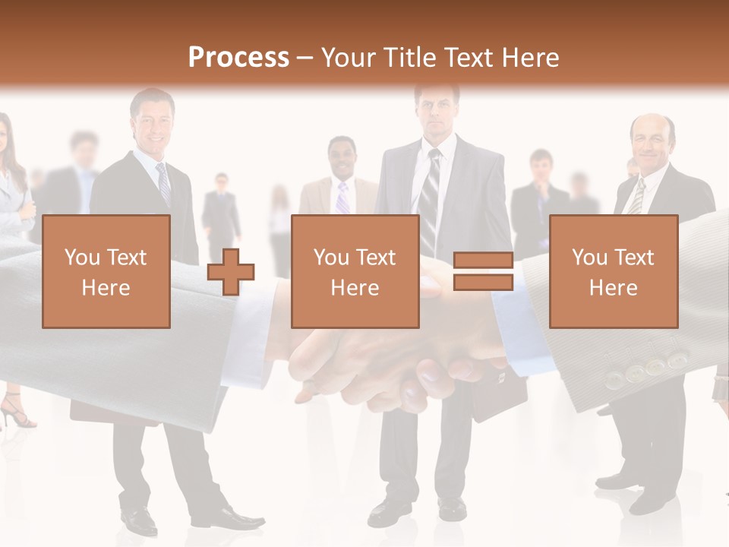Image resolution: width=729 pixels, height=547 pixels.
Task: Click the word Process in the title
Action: click(238, 58)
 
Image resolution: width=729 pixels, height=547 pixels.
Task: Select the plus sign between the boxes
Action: click(231, 271)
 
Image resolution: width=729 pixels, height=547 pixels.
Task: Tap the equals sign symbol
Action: click(483, 271)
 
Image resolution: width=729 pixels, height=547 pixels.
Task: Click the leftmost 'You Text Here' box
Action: click(106, 271)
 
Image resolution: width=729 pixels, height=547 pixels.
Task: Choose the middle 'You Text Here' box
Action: click(355, 271)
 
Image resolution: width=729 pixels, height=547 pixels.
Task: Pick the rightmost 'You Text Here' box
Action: click(614, 271)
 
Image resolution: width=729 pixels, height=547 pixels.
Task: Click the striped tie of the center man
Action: click(431, 198)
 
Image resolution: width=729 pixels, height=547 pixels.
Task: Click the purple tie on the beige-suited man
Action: click(342, 198)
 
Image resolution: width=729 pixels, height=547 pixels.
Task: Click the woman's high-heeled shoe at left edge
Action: click(15, 414)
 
